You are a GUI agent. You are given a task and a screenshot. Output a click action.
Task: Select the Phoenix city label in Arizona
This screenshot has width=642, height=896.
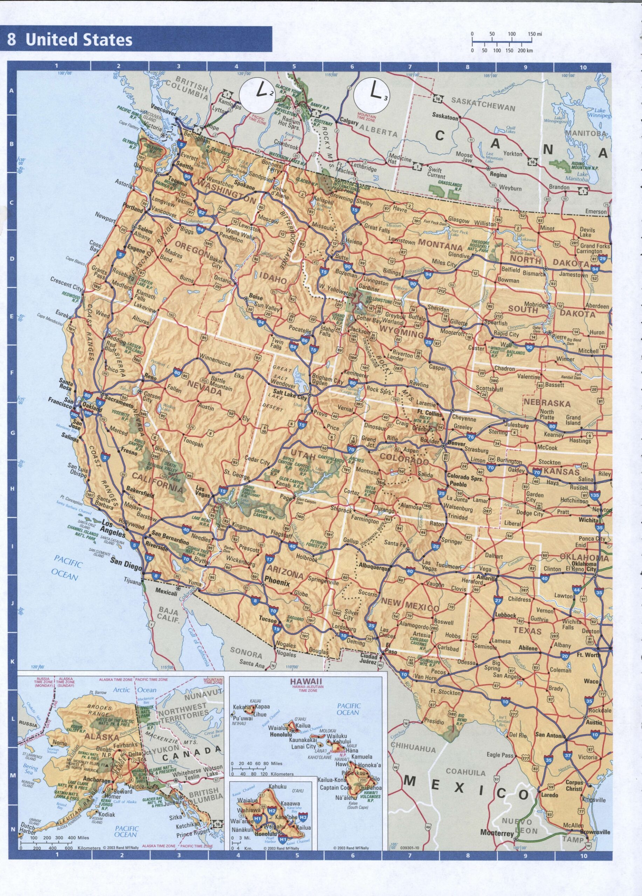277,583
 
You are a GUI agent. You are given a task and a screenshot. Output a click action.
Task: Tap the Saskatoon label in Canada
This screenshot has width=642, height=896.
445,117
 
